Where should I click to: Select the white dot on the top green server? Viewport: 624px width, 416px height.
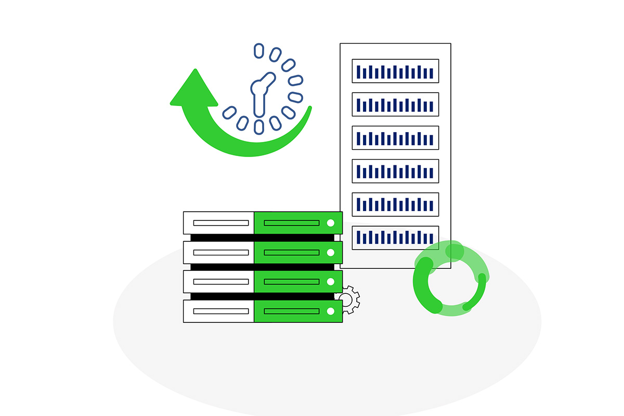[x=331, y=223]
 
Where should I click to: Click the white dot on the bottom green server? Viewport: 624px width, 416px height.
[x=331, y=311]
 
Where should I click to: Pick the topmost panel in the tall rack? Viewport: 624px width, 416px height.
[x=395, y=71]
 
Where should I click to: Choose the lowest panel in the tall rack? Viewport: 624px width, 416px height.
[x=395, y=238]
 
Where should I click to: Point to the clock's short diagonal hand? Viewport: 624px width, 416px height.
[x=266, y=80]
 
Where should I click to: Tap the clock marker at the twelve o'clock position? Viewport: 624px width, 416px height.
[x=258, y=50]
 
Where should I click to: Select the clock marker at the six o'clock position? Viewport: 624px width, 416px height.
[x=258, y=126]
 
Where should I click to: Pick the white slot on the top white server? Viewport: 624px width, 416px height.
[x=220, y=223]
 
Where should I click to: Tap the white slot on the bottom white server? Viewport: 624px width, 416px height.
[x=220, y=311]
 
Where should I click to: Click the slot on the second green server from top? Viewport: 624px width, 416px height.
[x=291, y=252]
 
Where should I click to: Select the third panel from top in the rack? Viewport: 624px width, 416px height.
[x=395, y=138]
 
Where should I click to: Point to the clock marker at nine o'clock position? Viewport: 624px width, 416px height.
[x=229, y=112]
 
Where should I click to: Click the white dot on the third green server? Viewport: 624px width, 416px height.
[x=331, y=282]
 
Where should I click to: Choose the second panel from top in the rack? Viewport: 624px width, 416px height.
[x=395, y=105]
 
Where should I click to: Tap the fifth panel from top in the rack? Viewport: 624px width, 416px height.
[x=395, y=204]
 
